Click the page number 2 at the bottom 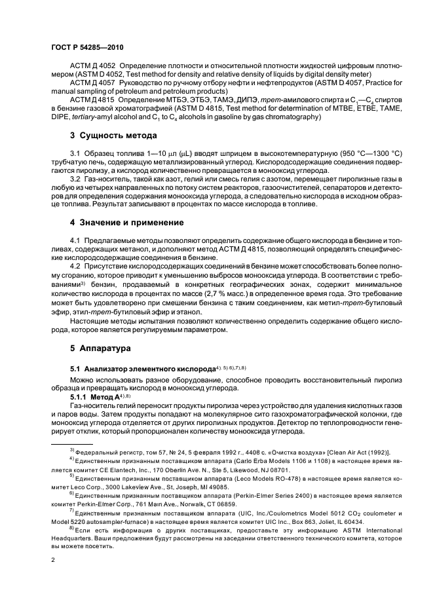click(53, 560)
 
